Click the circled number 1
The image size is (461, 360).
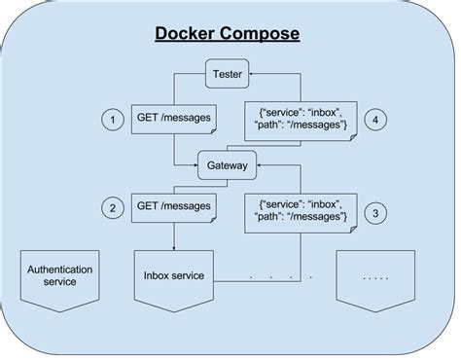point(115,121)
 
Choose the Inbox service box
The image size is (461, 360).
point(174,275)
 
